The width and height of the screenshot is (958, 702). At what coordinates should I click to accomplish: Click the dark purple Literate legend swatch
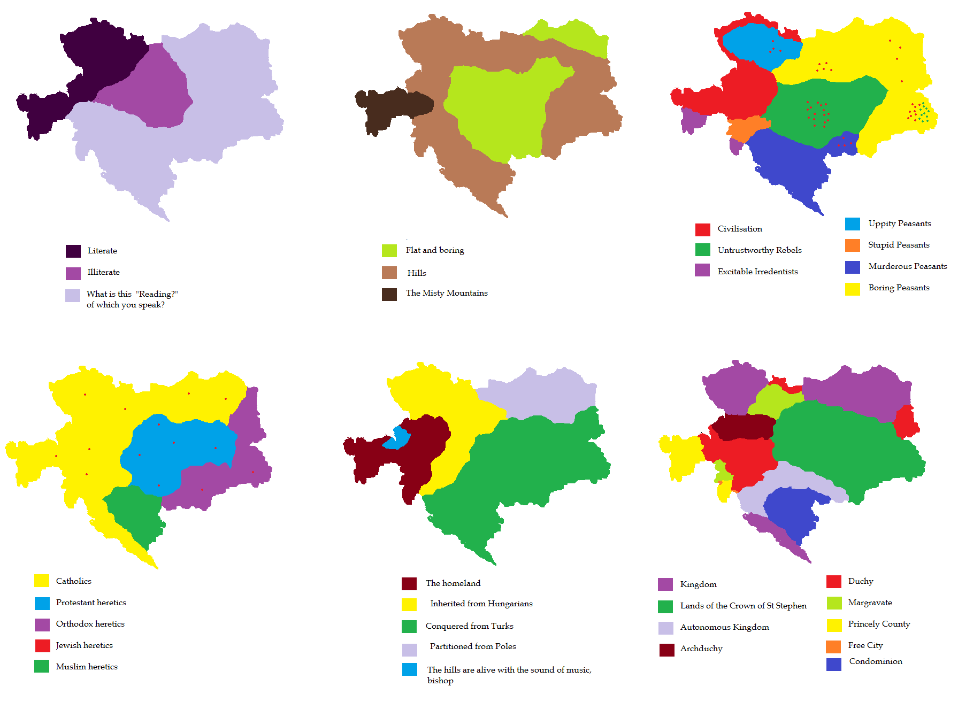73,251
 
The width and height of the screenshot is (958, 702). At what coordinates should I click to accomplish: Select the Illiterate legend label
104,272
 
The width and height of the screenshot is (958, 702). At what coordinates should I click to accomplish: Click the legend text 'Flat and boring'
435,250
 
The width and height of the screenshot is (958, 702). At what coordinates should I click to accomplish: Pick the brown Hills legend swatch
389,273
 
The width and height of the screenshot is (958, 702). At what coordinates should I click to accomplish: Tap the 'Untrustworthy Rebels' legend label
760,250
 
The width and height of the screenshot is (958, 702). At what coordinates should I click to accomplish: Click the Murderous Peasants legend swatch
853,267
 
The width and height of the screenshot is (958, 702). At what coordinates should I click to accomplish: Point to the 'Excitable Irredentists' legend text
757,272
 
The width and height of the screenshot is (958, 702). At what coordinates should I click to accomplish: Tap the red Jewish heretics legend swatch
43,646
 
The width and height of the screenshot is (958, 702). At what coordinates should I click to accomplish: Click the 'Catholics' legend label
74,581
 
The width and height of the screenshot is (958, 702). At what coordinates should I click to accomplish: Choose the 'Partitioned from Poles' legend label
473,646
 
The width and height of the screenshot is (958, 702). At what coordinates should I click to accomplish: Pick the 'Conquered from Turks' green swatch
409,627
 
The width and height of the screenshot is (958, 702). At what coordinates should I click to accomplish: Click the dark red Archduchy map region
744,427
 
